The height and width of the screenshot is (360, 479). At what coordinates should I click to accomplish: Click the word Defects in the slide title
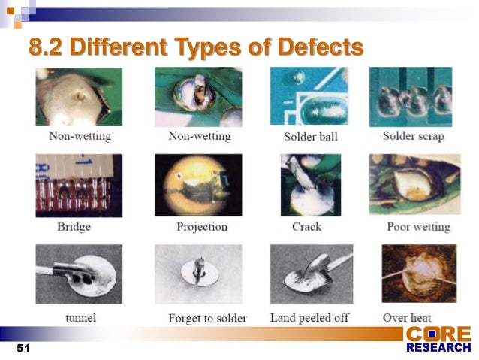coord(320,48)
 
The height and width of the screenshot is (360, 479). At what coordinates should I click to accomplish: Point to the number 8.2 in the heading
coord(47,48)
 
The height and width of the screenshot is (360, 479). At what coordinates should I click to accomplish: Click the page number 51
coord(22,349)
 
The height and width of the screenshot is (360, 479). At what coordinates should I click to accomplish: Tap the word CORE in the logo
coord(438,333)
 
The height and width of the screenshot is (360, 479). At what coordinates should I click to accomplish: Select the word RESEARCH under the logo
coord(438,347)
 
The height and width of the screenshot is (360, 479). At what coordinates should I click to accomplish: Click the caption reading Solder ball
coord(311,137)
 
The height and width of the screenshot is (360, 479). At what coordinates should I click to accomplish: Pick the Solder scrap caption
coord(413,136)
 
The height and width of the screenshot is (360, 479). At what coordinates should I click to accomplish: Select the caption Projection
coord(201,226)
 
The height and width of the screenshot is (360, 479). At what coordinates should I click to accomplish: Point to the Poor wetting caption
coord(418,226)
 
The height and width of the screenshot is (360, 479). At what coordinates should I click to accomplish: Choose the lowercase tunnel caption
coord(80,317)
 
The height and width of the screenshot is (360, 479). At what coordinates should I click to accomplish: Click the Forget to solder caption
coord(207,318)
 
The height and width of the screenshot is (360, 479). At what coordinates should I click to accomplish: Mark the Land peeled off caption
coord(309,318)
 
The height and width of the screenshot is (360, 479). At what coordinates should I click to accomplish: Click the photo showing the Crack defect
coord(311,186)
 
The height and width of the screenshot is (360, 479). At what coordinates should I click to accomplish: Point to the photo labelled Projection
coord(198,186)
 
